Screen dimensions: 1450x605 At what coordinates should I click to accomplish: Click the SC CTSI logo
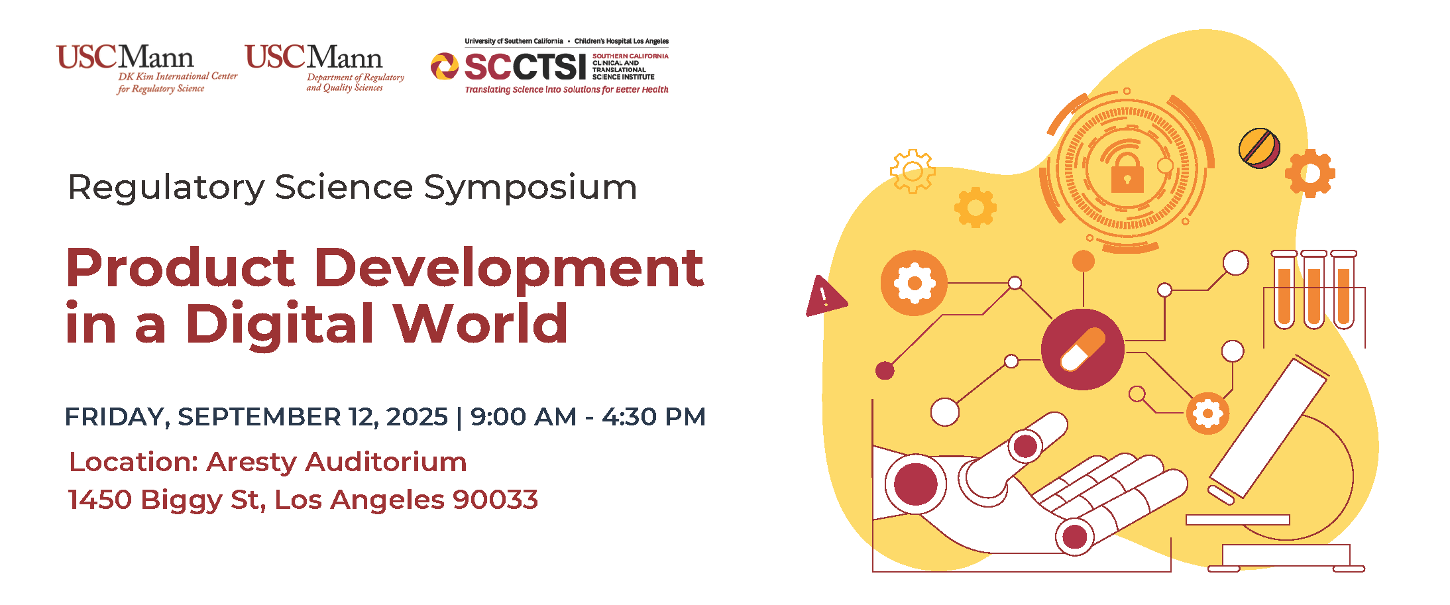point(549,66)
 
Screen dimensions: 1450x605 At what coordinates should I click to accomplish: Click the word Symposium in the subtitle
point(530,188)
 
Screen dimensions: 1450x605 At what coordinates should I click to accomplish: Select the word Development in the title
point(513,268)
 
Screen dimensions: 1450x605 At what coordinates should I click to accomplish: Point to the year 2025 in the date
point(417,417)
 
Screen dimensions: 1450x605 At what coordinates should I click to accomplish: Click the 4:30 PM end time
point(653,417)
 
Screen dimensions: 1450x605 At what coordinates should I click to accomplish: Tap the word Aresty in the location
point(251,463)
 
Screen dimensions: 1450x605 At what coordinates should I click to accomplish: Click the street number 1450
point(100,500)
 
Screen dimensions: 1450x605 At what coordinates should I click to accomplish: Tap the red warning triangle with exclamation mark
point(825,296)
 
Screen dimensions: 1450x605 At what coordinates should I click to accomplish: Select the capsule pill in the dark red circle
point(1083,349)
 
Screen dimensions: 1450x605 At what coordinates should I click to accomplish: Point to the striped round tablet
point(1259,148)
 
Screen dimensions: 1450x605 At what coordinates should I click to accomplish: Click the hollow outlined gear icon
point(913,171)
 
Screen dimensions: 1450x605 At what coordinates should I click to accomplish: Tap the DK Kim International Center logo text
point(177,82)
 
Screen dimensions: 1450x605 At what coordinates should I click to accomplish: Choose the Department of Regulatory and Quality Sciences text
point(355,82)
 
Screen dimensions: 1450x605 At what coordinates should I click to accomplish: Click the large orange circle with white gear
point(914,283)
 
